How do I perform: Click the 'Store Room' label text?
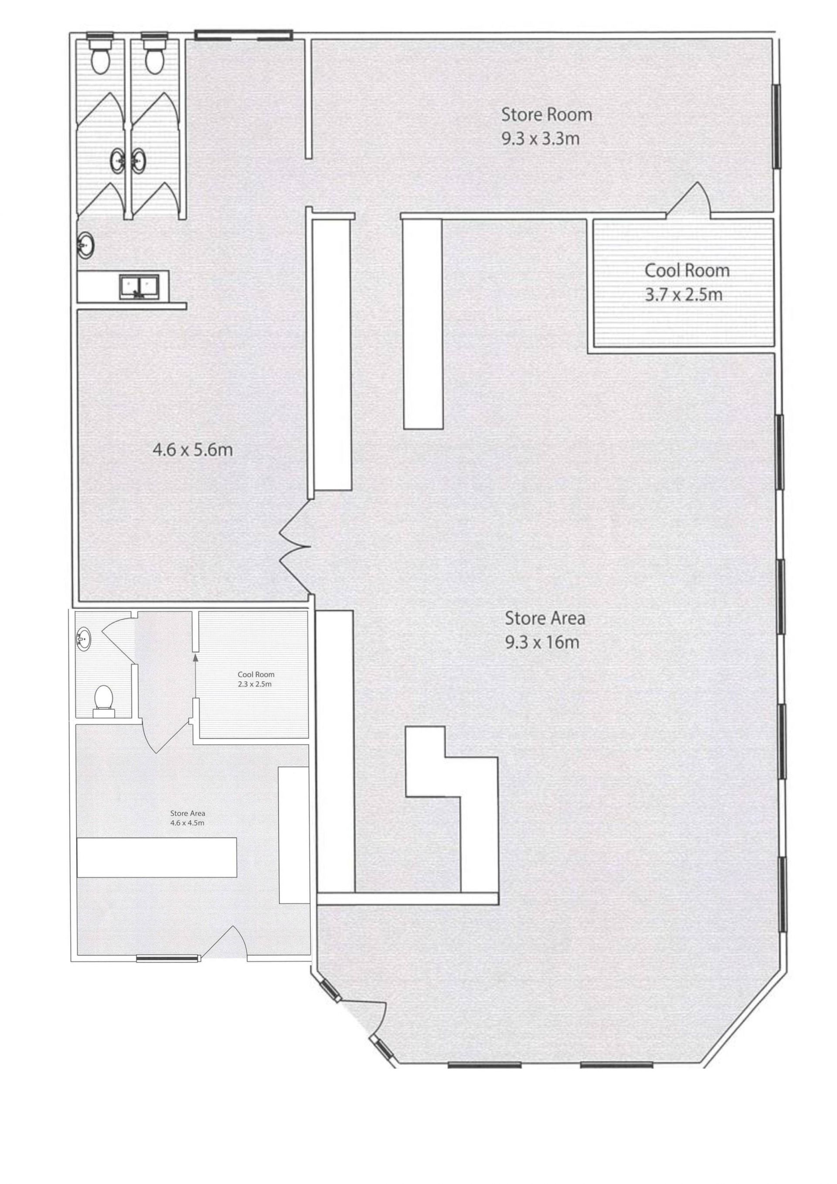point(547,114)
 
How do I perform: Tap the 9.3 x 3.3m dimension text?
point(541,139)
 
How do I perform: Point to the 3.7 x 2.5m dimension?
point(684,294)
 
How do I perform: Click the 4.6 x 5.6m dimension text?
point(193,450)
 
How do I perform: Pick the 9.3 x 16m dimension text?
point(542,643)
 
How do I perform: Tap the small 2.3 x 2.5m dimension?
point(255,684)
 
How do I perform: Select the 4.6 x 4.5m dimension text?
point(187,822)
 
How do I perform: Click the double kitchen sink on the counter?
point(139,287)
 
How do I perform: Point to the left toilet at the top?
point(100,53)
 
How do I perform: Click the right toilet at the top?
point(153,53)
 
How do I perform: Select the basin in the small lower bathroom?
point(84,638)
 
